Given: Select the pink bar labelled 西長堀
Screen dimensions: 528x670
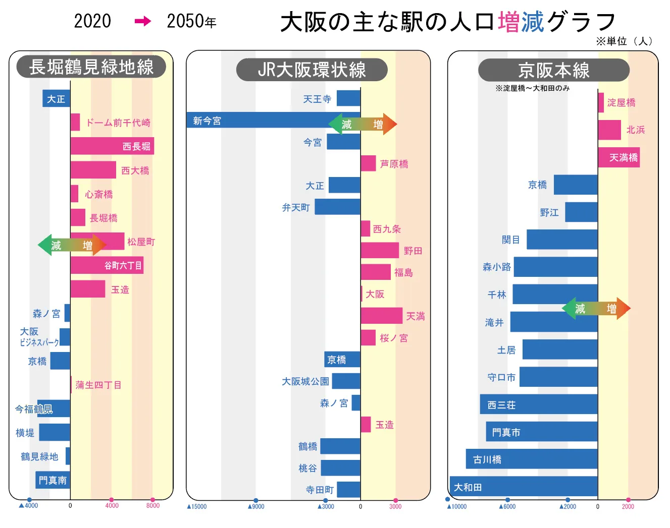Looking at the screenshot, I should click(112, 146).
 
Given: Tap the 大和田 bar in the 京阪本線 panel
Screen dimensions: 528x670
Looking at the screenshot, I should click(523, 487).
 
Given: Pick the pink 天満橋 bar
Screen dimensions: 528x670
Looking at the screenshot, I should click(619, 157).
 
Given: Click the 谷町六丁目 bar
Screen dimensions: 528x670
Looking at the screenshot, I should click(107, 265).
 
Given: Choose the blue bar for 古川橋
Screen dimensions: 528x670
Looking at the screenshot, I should click(531, 459).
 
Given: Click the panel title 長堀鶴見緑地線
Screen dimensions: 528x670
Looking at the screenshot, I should click(91, 67).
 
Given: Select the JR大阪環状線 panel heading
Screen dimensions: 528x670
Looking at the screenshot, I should click(312, 70).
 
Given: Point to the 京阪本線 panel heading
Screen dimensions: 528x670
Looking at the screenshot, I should click(553, 71).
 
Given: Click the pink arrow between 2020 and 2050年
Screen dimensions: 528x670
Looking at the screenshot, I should click(143, 21).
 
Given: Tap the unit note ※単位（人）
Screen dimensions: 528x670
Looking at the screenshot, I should click(624, 41).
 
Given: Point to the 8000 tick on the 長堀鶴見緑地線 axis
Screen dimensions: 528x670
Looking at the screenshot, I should click(152, 505).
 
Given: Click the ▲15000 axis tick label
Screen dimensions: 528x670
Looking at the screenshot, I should click(197, 506).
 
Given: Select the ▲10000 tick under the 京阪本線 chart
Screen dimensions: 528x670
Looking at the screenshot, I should click(457, 506).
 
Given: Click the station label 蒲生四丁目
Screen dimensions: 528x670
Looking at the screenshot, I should click(98, 385).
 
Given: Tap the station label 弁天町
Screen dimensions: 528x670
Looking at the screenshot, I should click(296, 207).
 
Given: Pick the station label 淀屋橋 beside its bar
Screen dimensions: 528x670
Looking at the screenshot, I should click(621, 103).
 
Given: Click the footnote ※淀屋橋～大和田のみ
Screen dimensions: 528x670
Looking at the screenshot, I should click(532, 88).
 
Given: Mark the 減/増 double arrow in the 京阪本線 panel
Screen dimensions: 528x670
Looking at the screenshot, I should click(596, 308).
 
